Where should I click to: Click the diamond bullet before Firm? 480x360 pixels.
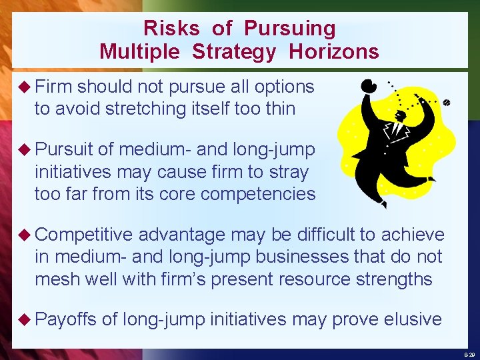(25, 87)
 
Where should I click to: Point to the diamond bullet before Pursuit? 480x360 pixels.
(25, 150)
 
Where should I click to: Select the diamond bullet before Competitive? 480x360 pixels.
(25, 235)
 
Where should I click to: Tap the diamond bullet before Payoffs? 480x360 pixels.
(25, 319)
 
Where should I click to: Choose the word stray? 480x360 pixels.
(289, 172)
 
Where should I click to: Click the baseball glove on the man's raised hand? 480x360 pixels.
(368, 86)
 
